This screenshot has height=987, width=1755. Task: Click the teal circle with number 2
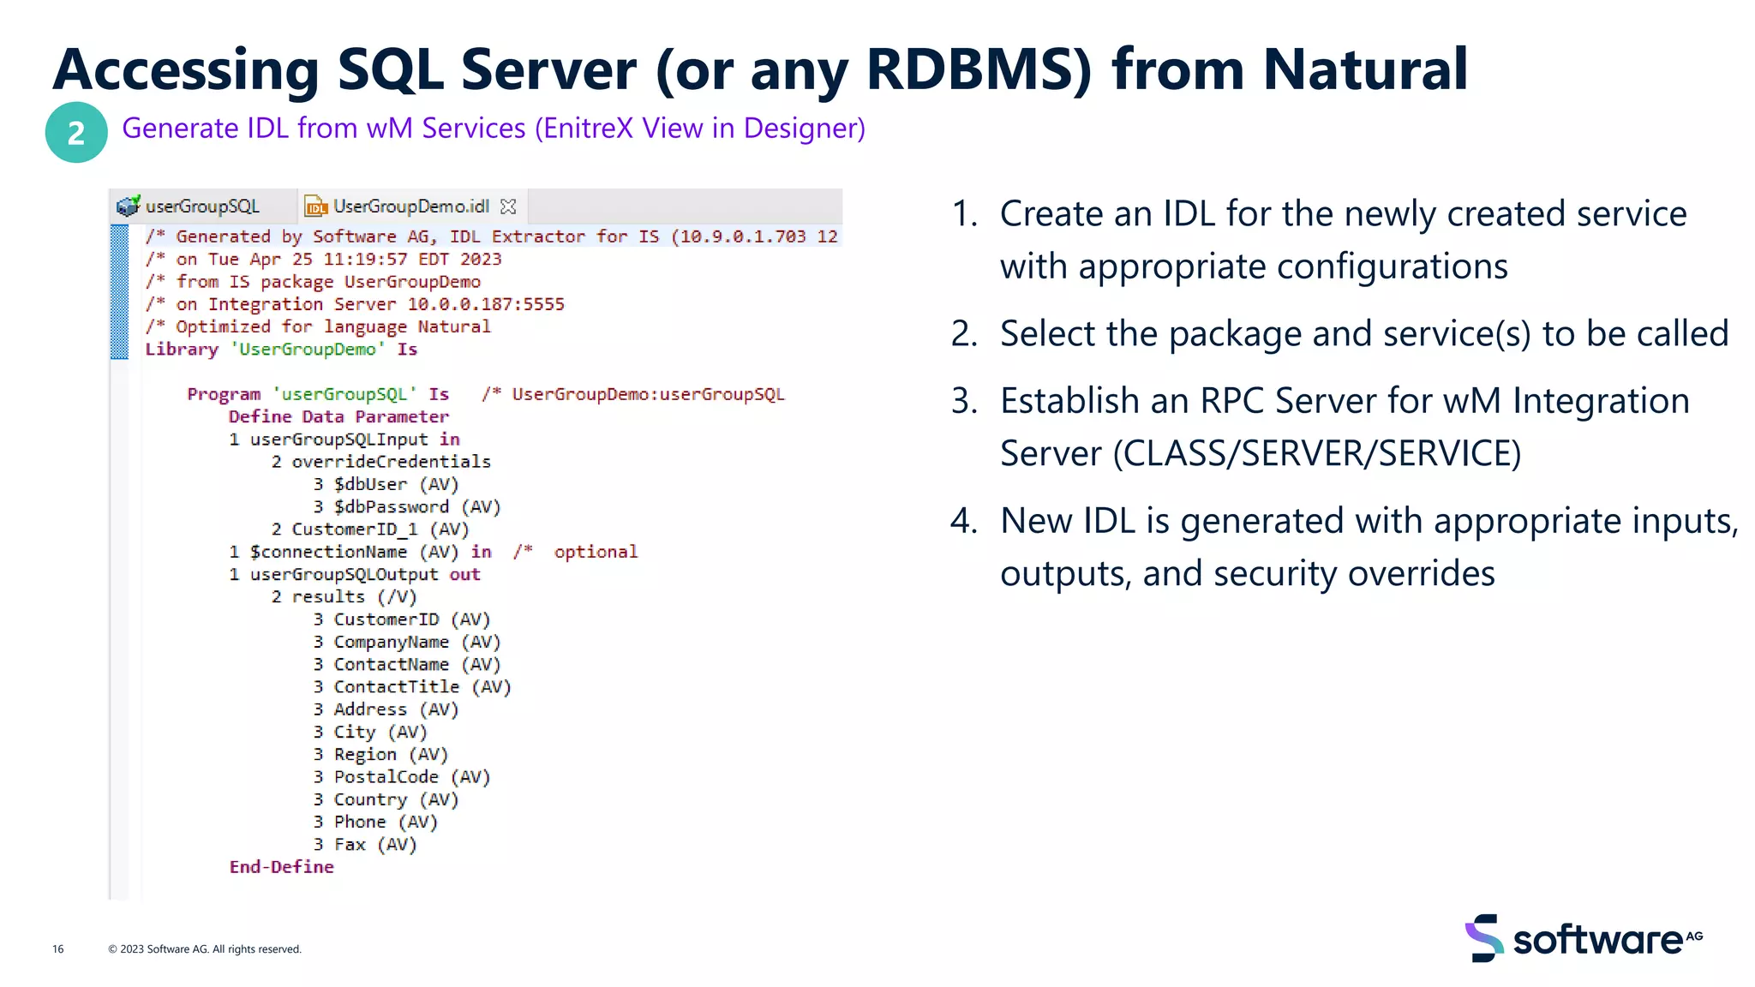(76, 133)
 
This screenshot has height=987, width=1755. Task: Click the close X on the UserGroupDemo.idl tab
(508, 206)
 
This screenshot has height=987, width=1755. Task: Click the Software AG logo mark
(1484, 938)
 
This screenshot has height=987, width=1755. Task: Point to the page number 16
(57, 948)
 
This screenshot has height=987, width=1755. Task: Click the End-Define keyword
(281, 867)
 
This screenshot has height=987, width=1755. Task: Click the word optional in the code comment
(596, 552)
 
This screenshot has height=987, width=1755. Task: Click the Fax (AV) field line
(374, 844)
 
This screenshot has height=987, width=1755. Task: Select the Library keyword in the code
(182, 349)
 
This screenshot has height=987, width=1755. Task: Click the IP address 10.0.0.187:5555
(486, 304)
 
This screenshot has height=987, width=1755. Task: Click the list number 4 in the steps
(964, 521)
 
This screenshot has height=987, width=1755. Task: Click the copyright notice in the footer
(205, 948)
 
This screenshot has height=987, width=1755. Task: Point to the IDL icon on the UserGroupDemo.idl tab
(316, 206)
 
